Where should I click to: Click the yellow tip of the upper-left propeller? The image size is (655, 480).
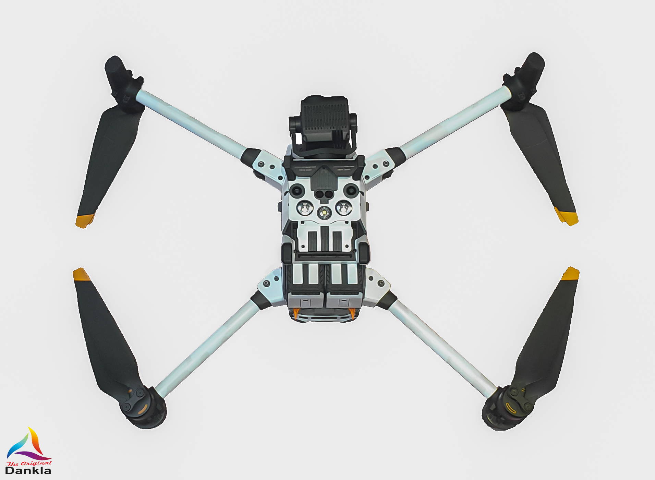coord(85,221)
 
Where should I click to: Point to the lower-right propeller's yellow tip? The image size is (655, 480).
coord(570,274)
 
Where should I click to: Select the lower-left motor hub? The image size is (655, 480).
coord(144,408)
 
